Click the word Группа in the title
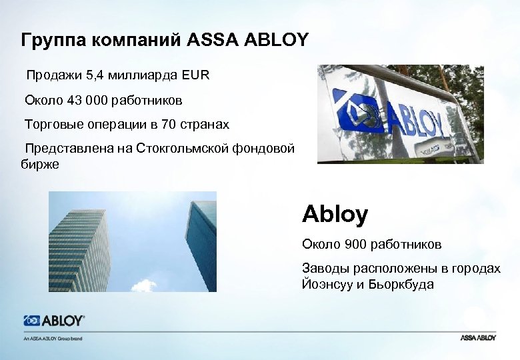point(48,40)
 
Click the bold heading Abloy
point(335,215)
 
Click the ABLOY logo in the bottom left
point(54,321)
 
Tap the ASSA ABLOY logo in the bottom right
point(478,338)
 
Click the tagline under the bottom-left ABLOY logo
point(53,338)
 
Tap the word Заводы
point(324,268)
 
